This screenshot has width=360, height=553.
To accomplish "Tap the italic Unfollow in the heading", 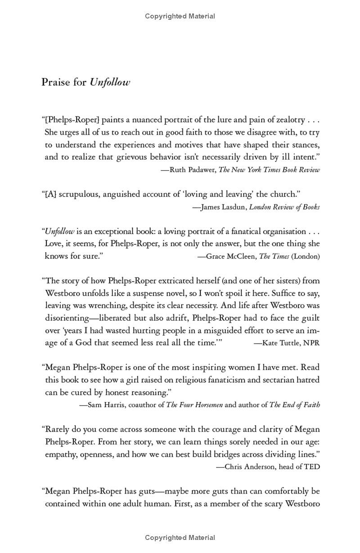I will (110, 82).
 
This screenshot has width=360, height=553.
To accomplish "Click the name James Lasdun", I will (223, 207).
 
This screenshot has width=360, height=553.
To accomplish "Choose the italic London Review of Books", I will (284, 207).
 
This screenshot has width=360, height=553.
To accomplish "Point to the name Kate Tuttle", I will (280, 343).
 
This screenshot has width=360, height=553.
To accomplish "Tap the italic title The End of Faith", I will (295, 404).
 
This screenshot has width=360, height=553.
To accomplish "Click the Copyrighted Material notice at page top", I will (180, 16).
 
